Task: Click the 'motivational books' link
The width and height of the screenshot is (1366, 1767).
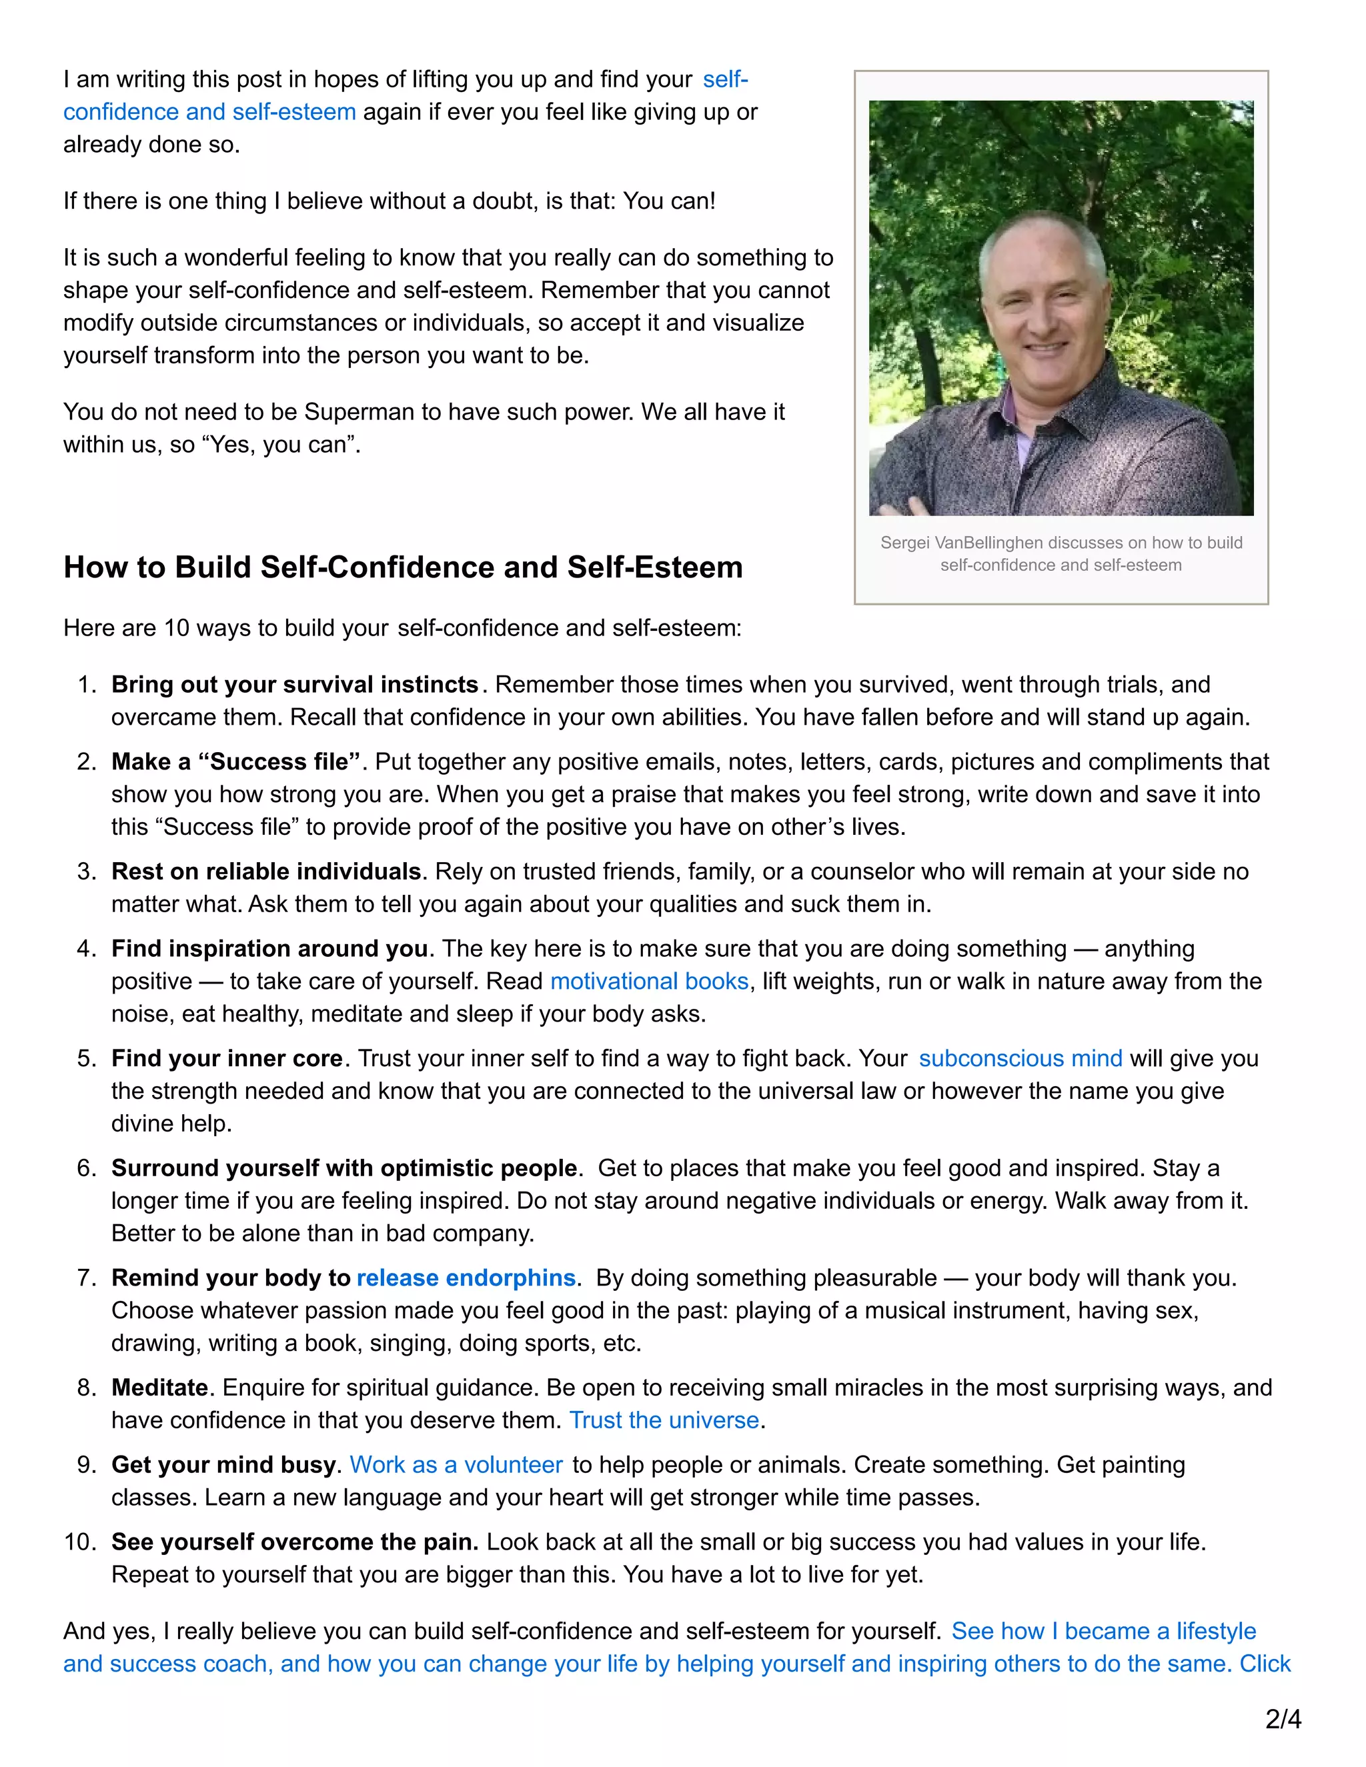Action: pos(649,982)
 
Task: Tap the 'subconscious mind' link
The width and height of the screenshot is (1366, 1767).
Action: pos(1020,1058)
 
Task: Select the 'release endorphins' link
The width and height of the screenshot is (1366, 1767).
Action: pos(466,1278)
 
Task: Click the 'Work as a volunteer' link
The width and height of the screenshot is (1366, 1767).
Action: pos(456,1464)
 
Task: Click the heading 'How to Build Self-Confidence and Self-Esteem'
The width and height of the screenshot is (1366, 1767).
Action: pos(403,567)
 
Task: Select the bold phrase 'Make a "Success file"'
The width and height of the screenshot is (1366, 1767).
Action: pos(235,761)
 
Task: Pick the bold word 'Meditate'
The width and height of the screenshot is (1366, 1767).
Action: pos(160,1388)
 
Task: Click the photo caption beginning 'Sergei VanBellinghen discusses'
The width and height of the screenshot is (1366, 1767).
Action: pos(1061,553)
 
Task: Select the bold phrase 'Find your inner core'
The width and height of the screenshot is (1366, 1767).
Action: pos(227,1058)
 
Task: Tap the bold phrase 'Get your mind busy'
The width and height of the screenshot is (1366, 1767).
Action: pos(223,1464)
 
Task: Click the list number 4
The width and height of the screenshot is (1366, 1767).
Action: pos(86,948)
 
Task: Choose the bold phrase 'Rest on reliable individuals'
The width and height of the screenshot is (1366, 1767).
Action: pos(266,871)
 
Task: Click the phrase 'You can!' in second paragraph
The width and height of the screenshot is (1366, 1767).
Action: pos(669,201)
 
